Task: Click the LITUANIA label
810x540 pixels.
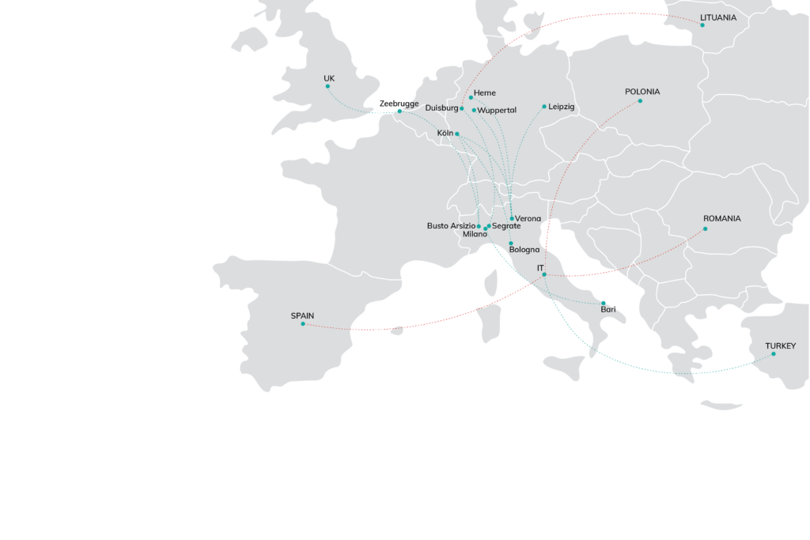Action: coord(718,17)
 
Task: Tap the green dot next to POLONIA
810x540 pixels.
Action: coord(640,101)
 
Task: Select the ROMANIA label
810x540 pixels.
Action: coord(721,218)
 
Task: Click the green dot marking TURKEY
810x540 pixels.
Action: coord(774,353)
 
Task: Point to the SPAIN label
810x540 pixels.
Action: coord(302,315)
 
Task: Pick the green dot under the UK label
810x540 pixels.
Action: coord(327,88)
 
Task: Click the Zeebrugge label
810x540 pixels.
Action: coord(399,104)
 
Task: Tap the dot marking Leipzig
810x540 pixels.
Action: coord(544,107)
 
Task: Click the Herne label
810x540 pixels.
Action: coord(485,93)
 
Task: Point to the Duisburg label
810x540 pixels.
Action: coord(441,108)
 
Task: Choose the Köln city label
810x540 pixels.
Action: coord(445,133)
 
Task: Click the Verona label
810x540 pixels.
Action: coord(528,218)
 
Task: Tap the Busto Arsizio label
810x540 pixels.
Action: coord(451,225)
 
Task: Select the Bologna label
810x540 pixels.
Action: coord(524,250)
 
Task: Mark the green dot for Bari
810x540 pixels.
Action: coord(604,303)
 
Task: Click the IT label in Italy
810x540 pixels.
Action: coord(540,268)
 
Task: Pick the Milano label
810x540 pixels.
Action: coord(475,234)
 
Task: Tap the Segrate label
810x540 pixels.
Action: coord(506,226)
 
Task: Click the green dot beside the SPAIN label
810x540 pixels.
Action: coord(302,323)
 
